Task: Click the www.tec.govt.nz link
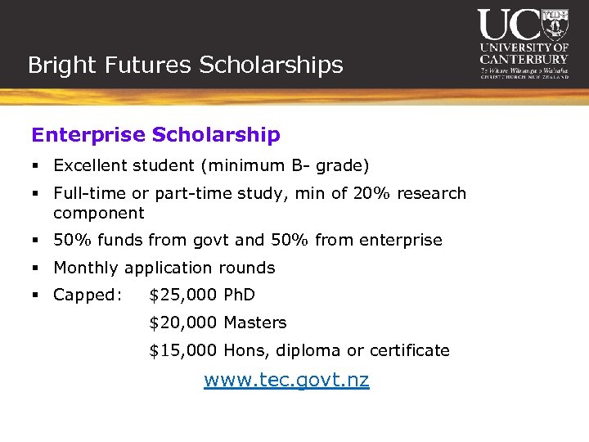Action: [286, 380]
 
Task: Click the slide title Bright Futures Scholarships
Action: [185, 65]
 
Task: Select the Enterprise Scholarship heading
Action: [155, 134]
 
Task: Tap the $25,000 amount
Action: [183, 295]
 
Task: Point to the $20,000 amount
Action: [183, 322]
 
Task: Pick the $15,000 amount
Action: [183, 350]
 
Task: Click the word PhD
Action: [239, 295]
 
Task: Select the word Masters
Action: [254, 322]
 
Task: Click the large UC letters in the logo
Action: [509, 25]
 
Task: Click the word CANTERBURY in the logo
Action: [524, 59]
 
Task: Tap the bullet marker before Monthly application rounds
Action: [38, 268]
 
